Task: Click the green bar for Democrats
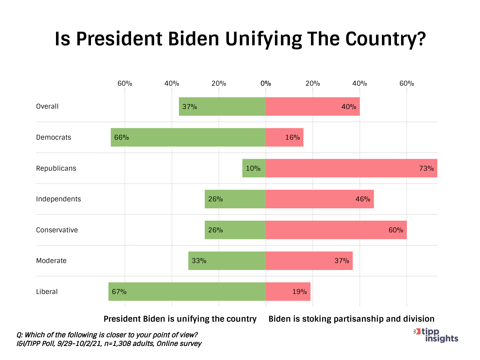(188, 137)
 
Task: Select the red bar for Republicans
(351, 168)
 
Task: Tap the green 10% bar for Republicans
(254, 168)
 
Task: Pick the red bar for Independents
(320, 199)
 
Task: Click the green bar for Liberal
(187, 292)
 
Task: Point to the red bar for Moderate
(309, 261)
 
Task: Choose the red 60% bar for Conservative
(336, 230)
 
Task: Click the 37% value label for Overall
(190, 107)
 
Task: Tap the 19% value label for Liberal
(299, 292)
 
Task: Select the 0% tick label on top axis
(266, 83)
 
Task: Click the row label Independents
(58, 199)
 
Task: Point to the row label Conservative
(57, 230)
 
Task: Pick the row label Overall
(47, 106)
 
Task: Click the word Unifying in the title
(263, 39)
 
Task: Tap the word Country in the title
(385, 39)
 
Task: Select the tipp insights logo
(437, 335)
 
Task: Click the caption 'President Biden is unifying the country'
(180, 319)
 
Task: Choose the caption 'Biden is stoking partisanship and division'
(351, 319)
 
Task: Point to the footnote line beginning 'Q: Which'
(107, 335)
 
